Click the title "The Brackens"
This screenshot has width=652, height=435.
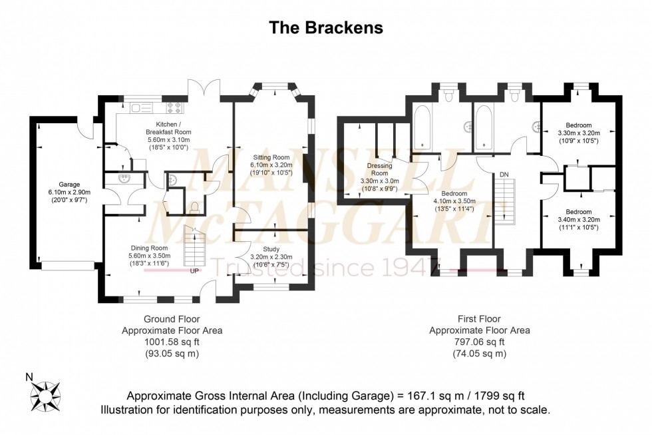click(x=325, y=27)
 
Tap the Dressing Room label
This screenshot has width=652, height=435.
click(x=379, y=169)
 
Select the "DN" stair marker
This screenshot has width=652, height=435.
click(x=504, y=175)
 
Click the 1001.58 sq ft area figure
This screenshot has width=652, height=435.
click(x=172, y=342)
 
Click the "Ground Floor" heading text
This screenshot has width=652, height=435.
click(x=172, y=319)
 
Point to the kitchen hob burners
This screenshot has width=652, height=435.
click(x=174, y=106)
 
